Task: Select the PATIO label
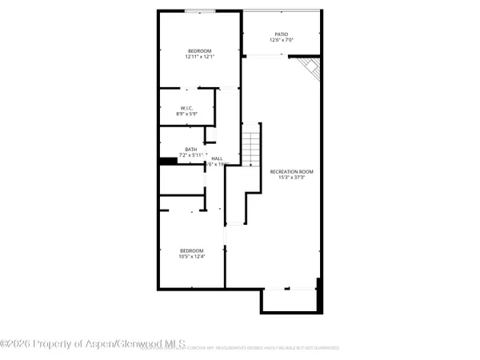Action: [x=282, y=34]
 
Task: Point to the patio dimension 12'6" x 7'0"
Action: [x=282, y=41]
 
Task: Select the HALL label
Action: [x=217, y=158]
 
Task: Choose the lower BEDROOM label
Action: [x=192, y=250]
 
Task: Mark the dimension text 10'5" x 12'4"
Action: [x=192, y=256]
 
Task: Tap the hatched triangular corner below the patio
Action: [x=308, y=67]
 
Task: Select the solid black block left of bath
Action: [x=167, y=161]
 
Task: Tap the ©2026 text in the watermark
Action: [x=17, y=344]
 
